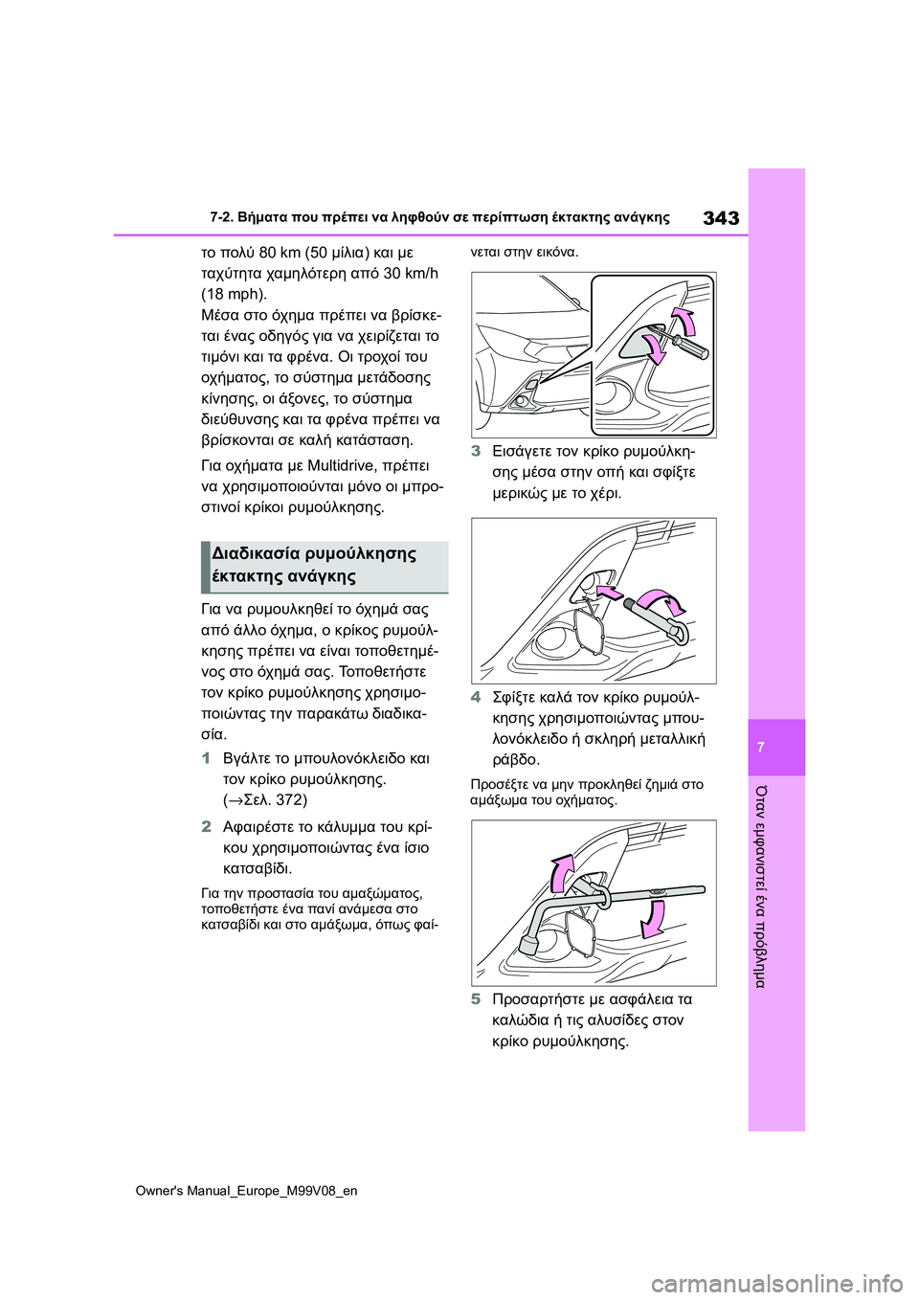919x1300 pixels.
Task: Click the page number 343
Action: pyautogui.click(x=720, y=217)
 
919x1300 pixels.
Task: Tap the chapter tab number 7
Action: pyautogui.click(x=761, y=747)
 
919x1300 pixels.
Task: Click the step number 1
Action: pyautogui.click(x=206, y=758)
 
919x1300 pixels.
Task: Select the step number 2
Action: pyautogui.click(x=206, y=826)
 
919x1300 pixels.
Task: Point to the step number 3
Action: pyautogui.click(x=476, y=451)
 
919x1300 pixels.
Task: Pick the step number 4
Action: pyautogui.click(x=476, y=697)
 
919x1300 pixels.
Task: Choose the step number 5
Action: pyautogui.click(x=476, y=998)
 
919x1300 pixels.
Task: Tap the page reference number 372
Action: pyautogui.click(x=290, y=799)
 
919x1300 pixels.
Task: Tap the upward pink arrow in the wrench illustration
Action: pyautogui.click(x=561, y=872)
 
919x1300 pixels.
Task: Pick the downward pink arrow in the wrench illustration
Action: pyautogui.click(x=653, y=921)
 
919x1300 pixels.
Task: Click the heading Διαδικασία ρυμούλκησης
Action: pyautogui.click(x=314, y=553)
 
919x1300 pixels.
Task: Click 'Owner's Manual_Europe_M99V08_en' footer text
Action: pyautogui.click(x=246, y=1190)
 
